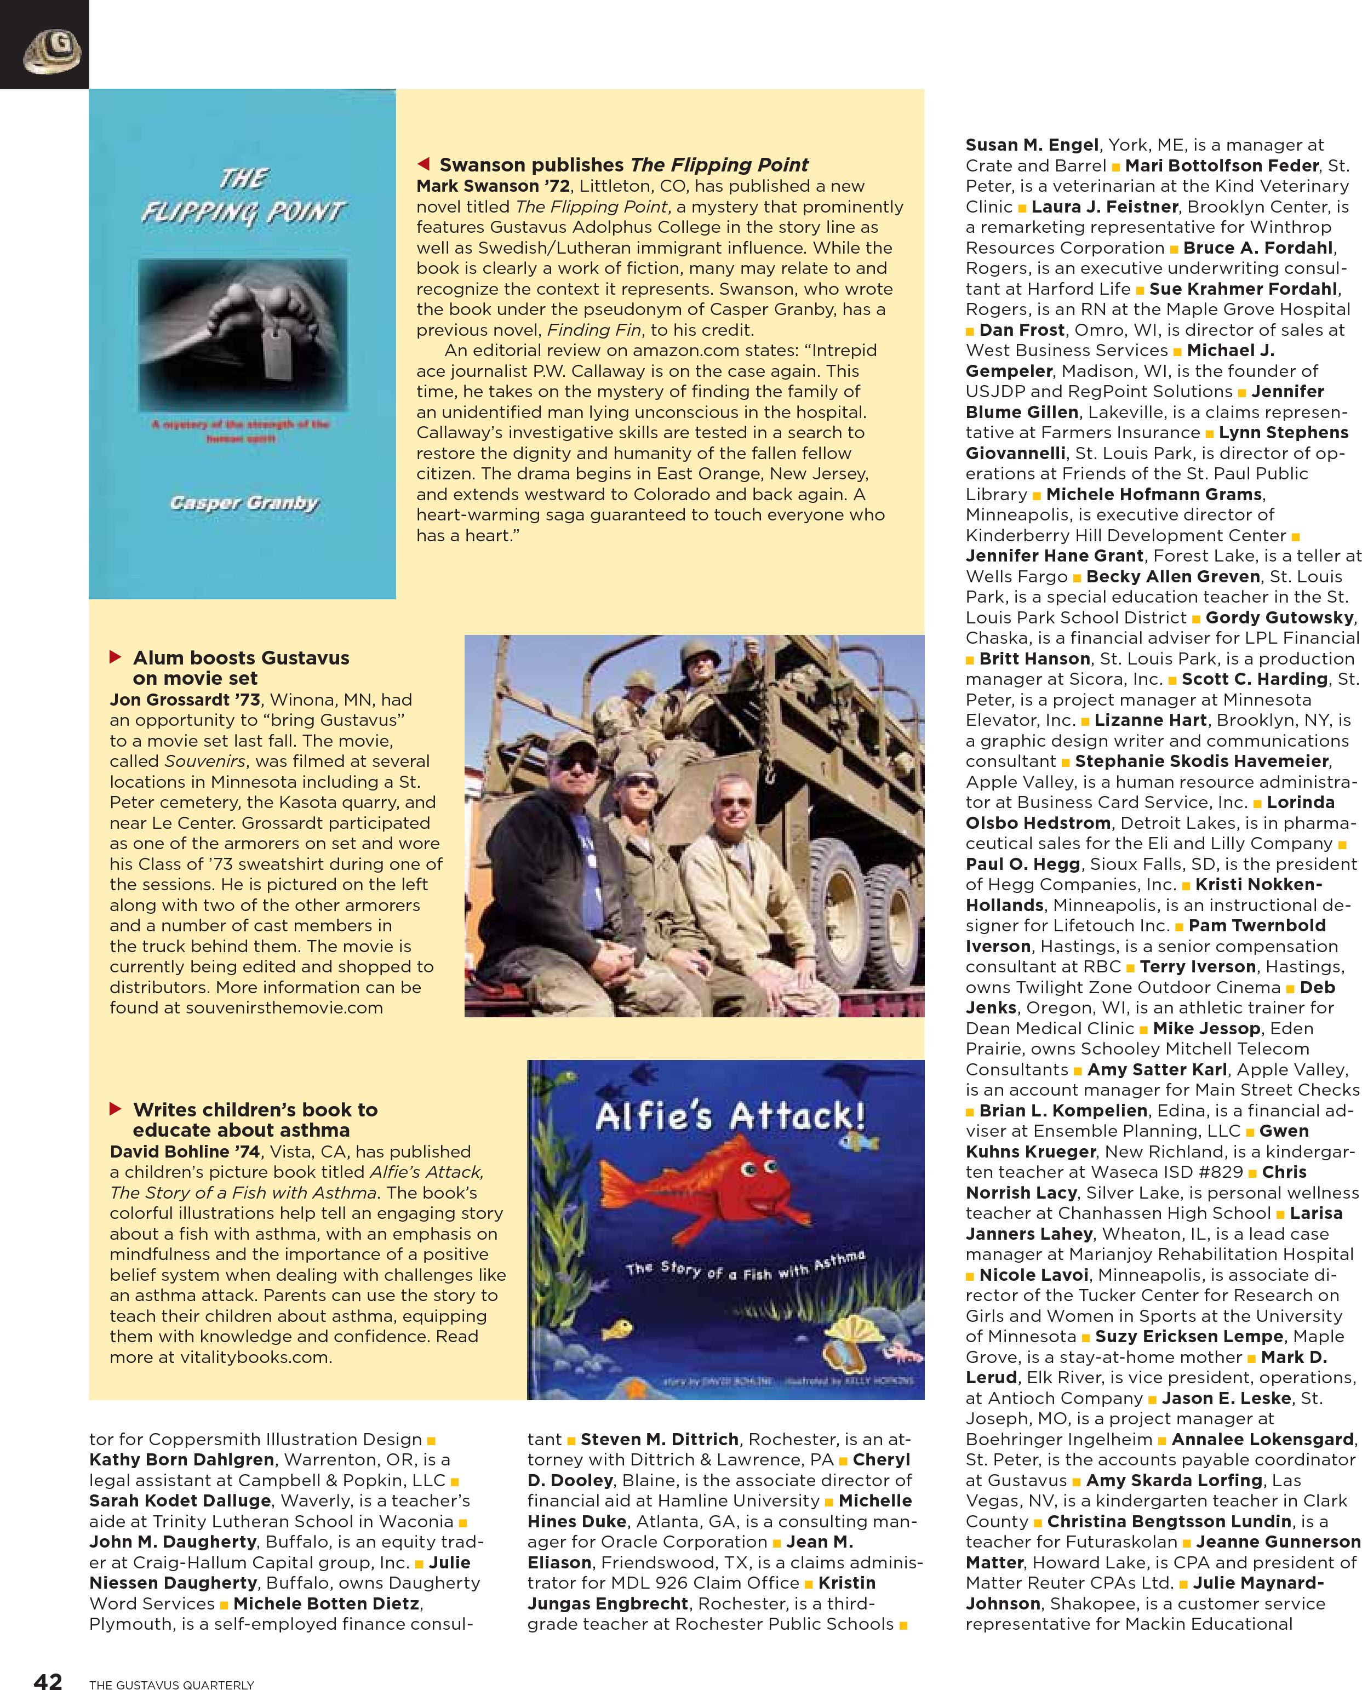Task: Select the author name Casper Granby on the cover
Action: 244,503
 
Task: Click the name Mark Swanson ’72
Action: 493,186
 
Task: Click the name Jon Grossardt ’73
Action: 185,699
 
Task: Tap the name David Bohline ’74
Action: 185,1151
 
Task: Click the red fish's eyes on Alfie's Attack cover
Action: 759,1168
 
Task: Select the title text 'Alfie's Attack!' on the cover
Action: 730,1116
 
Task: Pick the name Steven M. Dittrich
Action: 659,1439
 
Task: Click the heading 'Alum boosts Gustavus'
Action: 241,657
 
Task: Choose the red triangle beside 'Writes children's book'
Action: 116,1109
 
